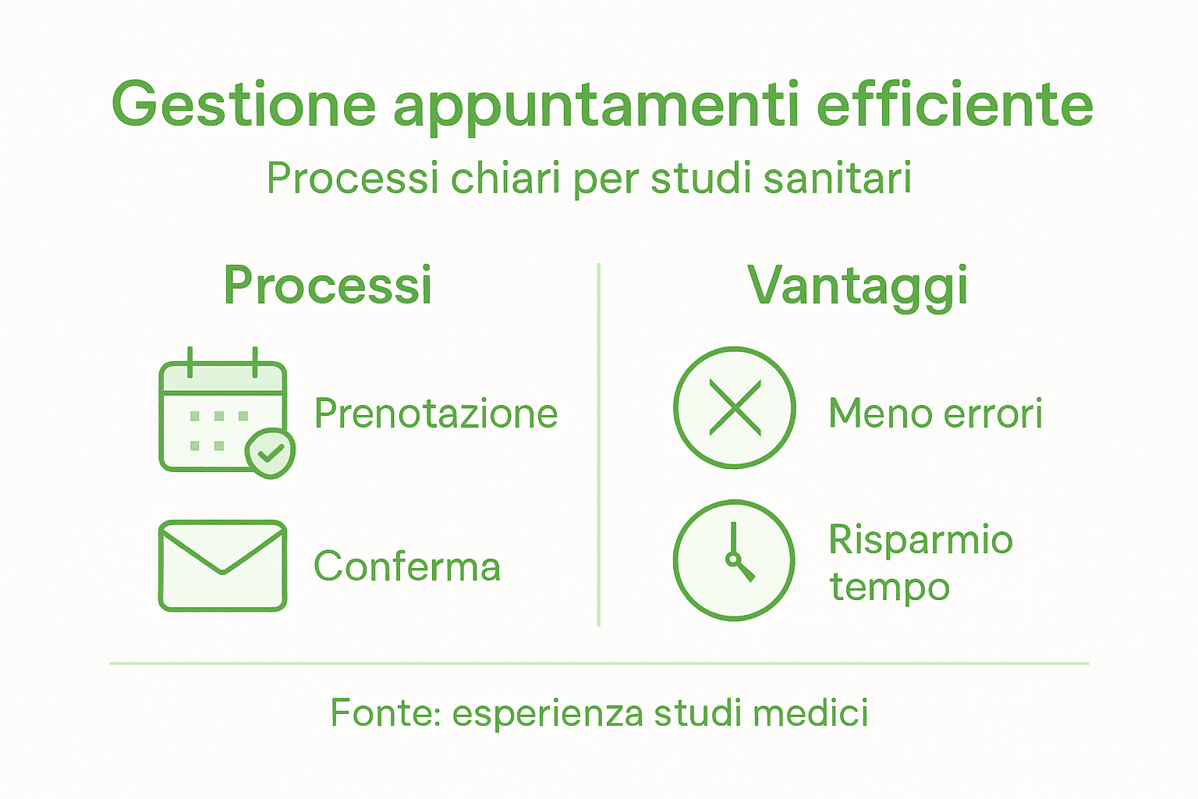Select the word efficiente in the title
[955, 104]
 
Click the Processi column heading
[328, 286]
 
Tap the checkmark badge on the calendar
[270, 452]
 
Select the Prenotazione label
[436, 414]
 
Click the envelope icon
[222, 566]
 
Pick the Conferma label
[406, 567]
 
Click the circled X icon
[734, 407]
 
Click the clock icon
[734, 560]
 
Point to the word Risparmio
[920, 540]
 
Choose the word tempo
[889, 588]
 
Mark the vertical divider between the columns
[598, 445]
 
